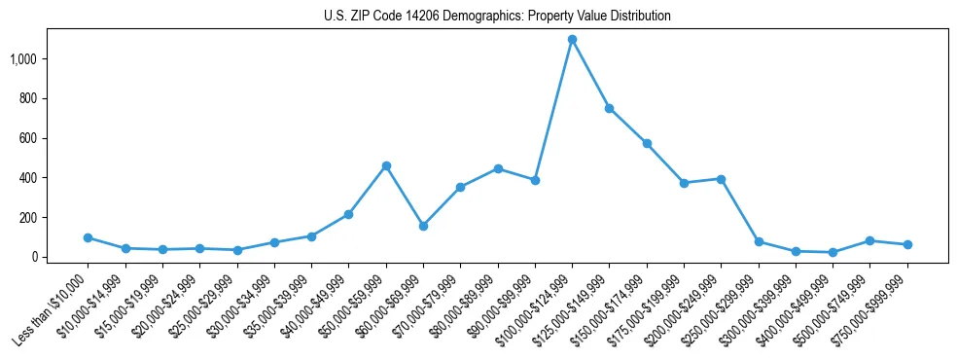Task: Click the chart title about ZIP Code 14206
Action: (497, 17)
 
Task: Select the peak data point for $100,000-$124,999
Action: (572, 40)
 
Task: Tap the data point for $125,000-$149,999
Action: (609, 108)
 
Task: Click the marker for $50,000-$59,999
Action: (386, 166)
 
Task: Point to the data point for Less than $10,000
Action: (88, 237)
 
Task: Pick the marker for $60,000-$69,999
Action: (423, 226)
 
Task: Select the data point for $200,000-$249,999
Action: (721, 179)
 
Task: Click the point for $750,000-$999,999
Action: (907, 244)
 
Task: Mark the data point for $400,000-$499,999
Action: (833, 252)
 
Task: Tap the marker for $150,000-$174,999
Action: (647, 143)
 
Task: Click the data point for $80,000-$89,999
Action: (498, 168)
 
